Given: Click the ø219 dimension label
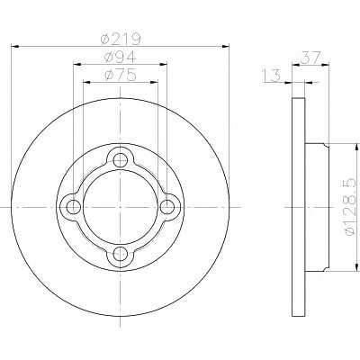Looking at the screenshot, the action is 121,38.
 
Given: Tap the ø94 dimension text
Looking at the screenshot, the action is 120,57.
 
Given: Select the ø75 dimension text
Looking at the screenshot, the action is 121,75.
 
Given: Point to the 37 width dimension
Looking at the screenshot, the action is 311,57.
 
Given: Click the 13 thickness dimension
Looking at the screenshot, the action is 272,75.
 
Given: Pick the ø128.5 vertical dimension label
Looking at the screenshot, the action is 352,206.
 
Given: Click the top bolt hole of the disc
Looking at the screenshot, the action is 121,159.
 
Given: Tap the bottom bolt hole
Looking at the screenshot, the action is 121,255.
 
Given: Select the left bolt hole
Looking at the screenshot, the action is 73,207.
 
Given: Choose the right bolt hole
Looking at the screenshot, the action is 167,207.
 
